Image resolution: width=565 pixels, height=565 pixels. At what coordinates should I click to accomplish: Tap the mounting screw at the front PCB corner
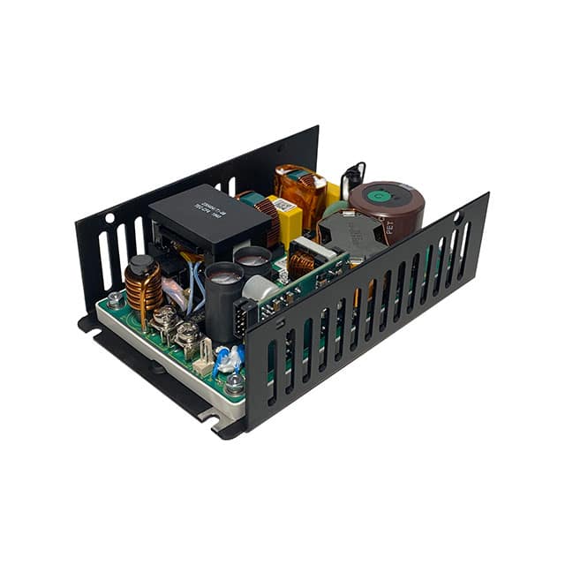pyautogui.click(x=235, y=385)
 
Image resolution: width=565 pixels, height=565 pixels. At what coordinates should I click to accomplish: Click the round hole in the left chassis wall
pyautogui.click(x=109, y=216)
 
